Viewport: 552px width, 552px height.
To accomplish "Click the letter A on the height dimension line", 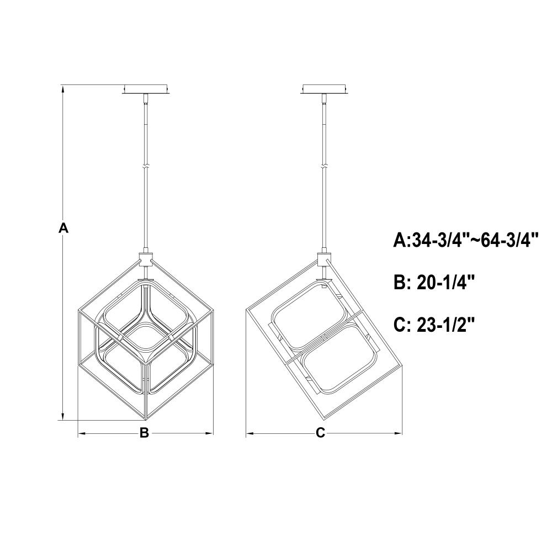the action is pyautogui.click(x=63, y=228).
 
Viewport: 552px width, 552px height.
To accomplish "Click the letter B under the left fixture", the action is pyautogui.click(x=144, y=433).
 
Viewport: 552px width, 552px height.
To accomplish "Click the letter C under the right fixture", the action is pyautogui.click(x=320, y=433).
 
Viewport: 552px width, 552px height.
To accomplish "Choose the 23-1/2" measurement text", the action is pyautogui.click(x=446, y=324).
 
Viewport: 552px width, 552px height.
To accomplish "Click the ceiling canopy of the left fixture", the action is pyautogui.click(x=146, y=89).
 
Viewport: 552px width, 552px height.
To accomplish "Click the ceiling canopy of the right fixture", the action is pyautogui.click(x=324, y=89).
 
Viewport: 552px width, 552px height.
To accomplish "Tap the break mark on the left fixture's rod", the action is pyautogui.click(x=146, y=167).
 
